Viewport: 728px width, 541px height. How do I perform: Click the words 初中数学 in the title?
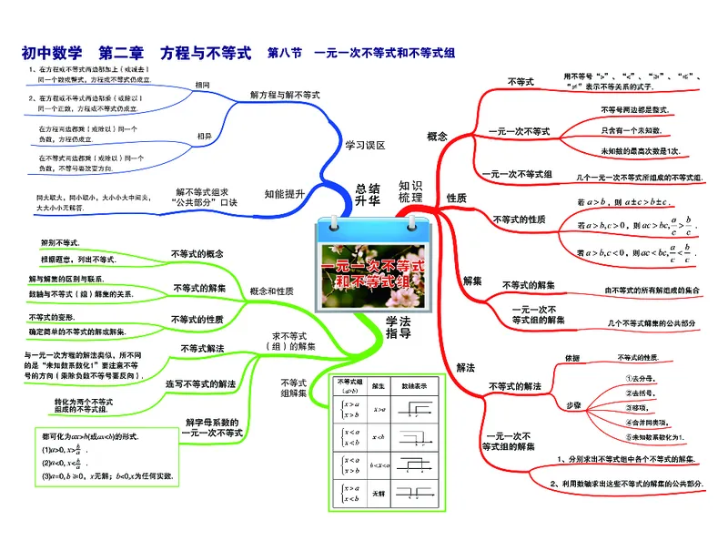click(52, 53)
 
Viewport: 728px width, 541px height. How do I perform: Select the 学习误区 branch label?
click(365, 145)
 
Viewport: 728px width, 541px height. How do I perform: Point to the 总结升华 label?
click(368, 194)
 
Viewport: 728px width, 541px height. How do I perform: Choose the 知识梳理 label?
click(410, 191)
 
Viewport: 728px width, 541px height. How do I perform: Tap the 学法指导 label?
click(398, 326)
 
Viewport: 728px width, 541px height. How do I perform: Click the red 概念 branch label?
click(437, 137)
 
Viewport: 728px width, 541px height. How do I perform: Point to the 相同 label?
click(202, 85)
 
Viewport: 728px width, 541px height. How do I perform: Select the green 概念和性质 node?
click(271, 291)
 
